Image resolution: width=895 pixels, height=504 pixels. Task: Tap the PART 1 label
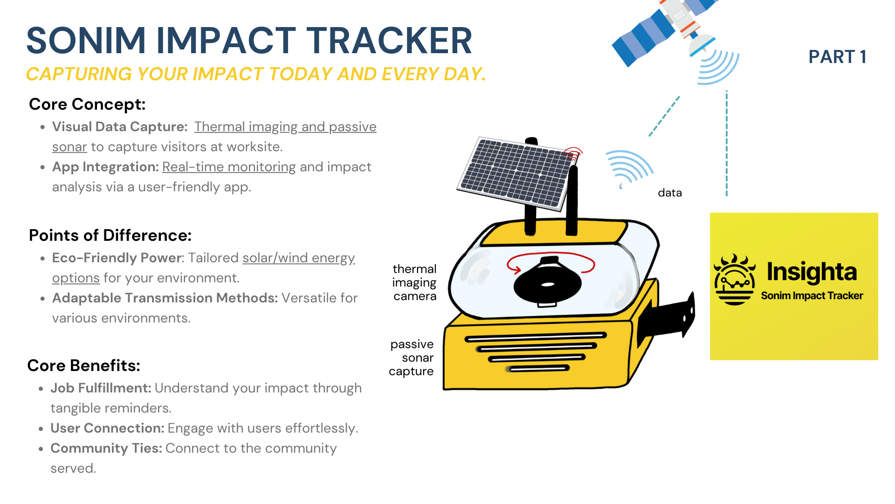[837, 57]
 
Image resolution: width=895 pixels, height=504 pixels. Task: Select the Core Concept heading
[87, 104]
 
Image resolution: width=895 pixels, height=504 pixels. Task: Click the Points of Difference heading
[110, 235]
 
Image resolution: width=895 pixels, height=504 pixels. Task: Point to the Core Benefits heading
[83, 365]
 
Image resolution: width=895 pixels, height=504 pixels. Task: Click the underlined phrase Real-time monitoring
[229, 167]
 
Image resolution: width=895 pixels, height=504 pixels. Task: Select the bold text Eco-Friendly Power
[117, 258]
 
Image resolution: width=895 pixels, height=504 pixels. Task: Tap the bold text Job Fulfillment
[101, 388]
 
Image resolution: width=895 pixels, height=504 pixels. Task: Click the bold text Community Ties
[106, 448]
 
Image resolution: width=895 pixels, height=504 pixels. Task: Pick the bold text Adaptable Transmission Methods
[165, 298]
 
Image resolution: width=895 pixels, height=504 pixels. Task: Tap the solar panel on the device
[515, 173]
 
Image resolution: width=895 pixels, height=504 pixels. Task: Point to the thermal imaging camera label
[414, 282]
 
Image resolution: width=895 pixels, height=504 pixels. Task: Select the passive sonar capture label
[412, 358]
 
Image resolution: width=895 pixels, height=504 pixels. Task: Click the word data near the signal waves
[669, 193]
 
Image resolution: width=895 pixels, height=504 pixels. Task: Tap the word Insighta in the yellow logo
[812, 272]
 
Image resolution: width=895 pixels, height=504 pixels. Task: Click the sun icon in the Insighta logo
[734, 280]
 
